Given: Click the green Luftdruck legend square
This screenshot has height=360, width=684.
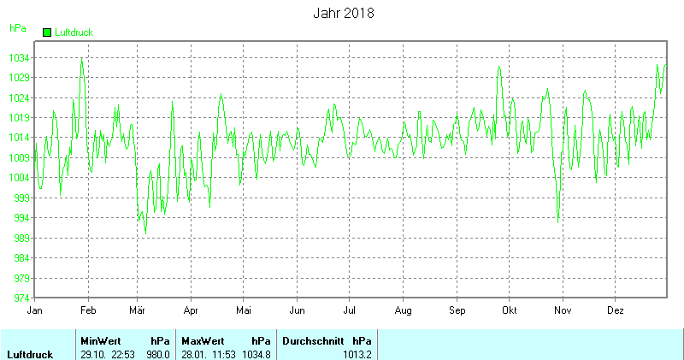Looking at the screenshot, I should click(47, 32).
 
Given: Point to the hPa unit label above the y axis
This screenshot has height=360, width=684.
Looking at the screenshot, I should click(17, 28).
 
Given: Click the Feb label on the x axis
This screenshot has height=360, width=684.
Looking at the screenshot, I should click(88, 310).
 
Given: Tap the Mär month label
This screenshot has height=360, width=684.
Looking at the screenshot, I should click(138, 310).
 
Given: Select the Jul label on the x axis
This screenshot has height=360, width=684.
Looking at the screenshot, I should click(350, 310).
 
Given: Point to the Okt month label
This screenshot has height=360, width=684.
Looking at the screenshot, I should click(510, 310).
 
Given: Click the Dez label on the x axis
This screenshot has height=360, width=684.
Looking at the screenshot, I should click(616, 310).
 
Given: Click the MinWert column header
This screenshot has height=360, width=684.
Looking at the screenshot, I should click(99, 340).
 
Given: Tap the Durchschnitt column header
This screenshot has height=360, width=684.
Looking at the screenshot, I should click(313, 340).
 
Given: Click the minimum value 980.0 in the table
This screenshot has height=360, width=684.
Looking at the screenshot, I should click(159, 354).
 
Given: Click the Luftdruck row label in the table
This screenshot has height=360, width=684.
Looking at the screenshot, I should click(31, 354).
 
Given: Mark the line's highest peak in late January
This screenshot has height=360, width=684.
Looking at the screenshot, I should click(82, 58).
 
